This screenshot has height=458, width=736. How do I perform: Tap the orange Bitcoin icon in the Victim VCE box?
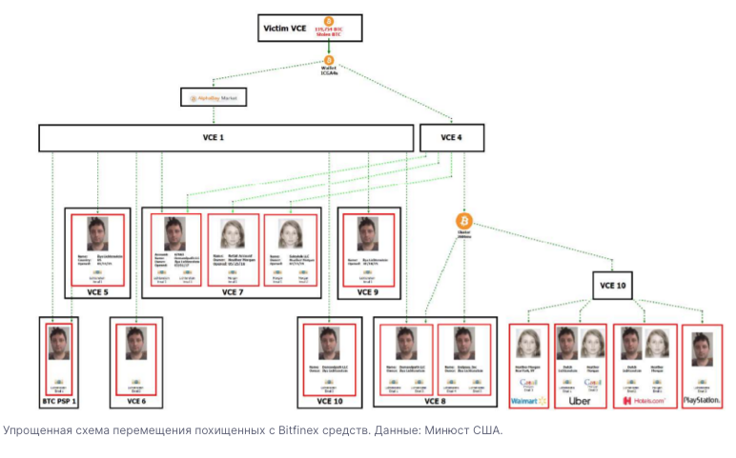328,21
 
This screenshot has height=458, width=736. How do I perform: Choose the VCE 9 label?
369,292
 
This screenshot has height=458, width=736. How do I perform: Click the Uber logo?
582,401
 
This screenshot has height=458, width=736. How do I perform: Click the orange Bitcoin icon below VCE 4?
464,221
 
